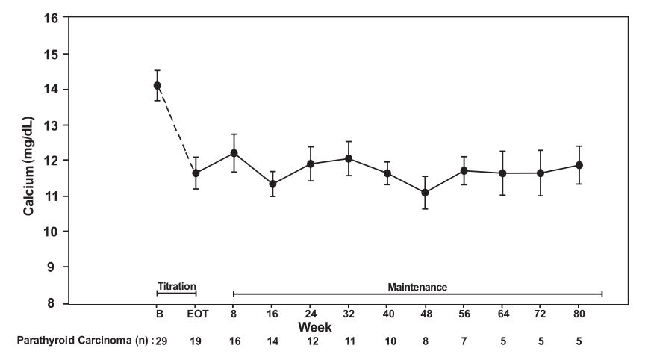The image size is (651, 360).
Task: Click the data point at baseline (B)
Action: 157,85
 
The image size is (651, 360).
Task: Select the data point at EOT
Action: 196,173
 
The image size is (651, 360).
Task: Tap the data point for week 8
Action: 234,153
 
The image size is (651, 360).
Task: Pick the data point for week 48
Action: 425,193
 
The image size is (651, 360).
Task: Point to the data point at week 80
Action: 579,165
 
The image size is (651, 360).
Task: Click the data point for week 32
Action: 349,158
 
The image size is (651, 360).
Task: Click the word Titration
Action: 176,286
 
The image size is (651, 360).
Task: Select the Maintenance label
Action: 417,286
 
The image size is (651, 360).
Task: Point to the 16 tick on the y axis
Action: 52,18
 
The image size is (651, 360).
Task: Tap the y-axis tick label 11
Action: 52,196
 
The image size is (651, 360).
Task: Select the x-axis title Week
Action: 315,328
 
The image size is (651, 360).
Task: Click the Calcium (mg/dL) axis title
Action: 28,166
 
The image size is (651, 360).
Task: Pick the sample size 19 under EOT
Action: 196,341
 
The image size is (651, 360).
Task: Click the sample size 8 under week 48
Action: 425,341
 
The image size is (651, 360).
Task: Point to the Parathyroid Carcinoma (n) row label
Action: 83,341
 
